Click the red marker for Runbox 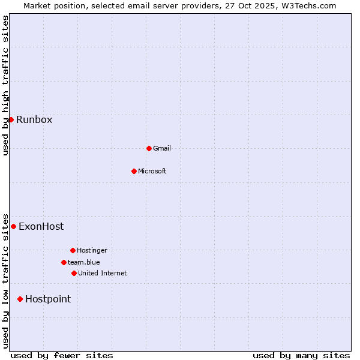click(11, 119)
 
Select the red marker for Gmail click(149, 148)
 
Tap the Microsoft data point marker click(134, 171)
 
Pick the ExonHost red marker click(13, 226)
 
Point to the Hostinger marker click(73, 250)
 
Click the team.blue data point click(64, 262)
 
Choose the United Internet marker click(74, 273)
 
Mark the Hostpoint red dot click(20, 299)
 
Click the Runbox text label click(34, 119)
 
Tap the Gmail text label click(162, 148)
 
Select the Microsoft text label click(152, 171)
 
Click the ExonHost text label click(41, 226)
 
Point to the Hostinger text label click(92, 250)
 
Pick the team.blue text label click(84, 262)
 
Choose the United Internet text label click(103, 273)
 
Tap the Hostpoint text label click(48, 299)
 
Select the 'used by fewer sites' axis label click(62, 355)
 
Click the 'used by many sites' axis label click(301, 355)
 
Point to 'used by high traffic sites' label click(6, 85)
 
